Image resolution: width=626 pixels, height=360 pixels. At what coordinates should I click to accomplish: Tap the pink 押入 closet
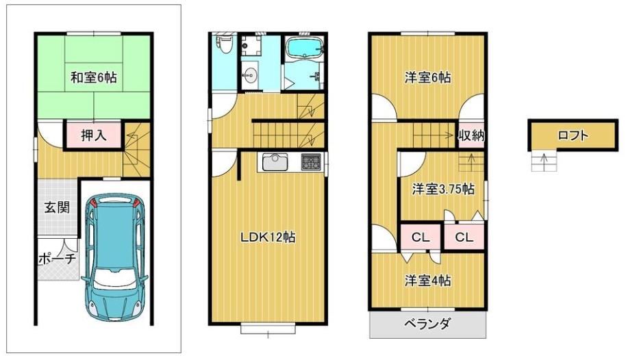pos(93,136)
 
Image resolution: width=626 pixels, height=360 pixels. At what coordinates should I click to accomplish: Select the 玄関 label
pos(57,207)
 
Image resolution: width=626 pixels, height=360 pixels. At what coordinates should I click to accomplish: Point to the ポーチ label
pos(57,259)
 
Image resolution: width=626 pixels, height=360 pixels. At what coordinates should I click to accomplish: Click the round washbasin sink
pos(250,74)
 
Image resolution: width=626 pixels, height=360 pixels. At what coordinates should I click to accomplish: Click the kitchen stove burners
pos(311,162)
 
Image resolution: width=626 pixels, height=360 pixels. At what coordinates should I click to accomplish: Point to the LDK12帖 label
pos(268,237)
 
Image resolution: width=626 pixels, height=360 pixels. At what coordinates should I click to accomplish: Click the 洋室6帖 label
pos(427,77)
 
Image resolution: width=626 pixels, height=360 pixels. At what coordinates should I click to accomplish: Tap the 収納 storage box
pos(471,136)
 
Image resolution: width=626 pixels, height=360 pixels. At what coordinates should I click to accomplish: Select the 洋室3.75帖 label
pos(443,189)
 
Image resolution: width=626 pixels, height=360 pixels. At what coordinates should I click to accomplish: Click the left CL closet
pos(421,237)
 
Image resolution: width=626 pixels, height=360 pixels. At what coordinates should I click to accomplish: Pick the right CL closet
pos(464,237)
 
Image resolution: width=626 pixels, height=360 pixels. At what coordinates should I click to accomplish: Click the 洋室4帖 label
pos(427,281)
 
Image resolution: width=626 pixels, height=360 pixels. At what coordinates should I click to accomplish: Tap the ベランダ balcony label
pos(427,323)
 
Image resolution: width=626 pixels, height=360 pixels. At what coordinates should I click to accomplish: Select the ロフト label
pos(573,136)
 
